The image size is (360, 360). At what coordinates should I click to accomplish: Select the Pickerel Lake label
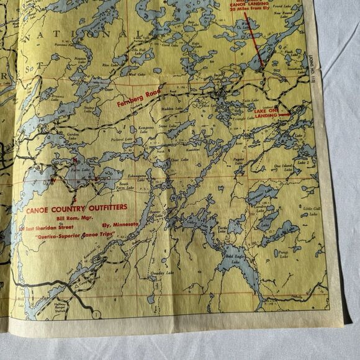[x=122, y=139]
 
